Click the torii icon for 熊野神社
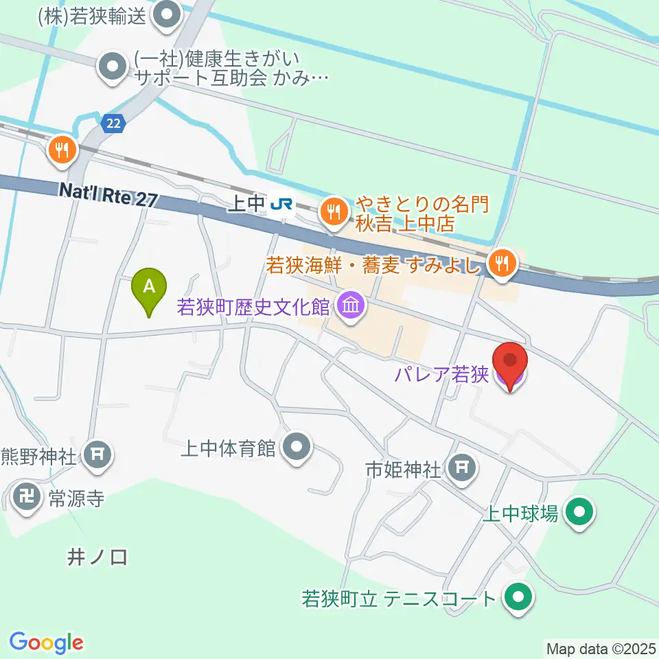[x=97, y=454]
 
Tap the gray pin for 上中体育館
[x=297, y=448]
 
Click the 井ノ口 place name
[x=97, y=557]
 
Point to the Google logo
[x=46, y=642]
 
